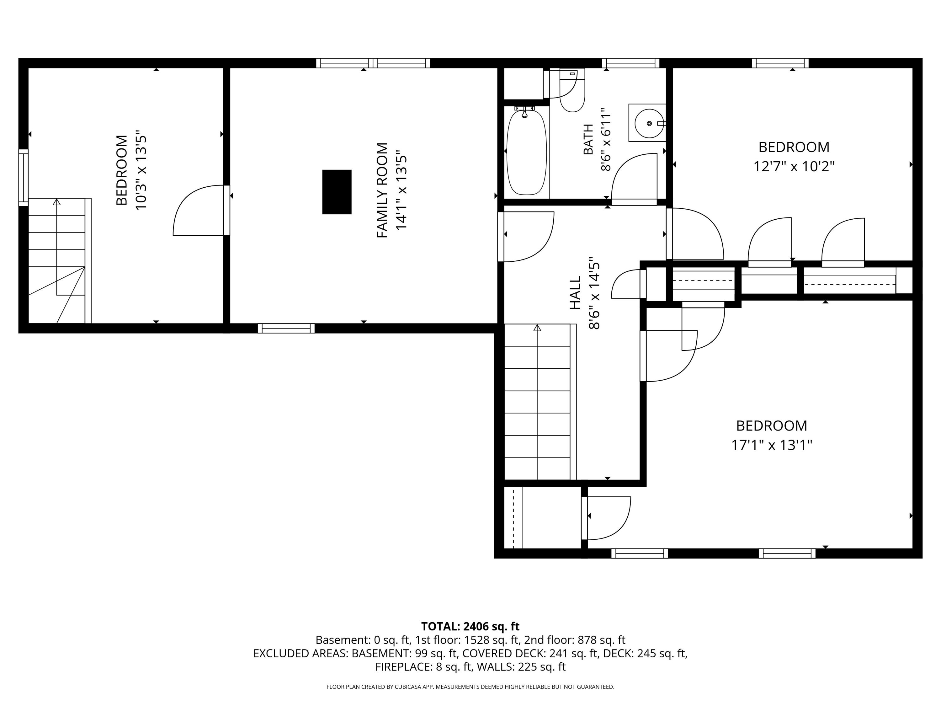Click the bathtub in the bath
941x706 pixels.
click(526, 152)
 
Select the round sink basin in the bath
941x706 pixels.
click(649, 123)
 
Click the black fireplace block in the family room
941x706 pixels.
click(337, 192)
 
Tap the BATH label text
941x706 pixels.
click(588, 140)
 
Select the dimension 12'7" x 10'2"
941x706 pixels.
click(794, 166)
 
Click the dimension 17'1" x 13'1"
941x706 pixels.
click(772, 445)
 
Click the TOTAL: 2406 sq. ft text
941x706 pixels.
click(470, 626)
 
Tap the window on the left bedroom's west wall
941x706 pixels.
click(24, 178)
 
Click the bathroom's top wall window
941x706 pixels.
click(630, 63)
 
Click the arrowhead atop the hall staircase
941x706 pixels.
click(537, 328)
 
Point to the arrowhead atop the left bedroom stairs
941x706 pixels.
click(56, 202)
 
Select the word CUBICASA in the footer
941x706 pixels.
click(408, 687)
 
